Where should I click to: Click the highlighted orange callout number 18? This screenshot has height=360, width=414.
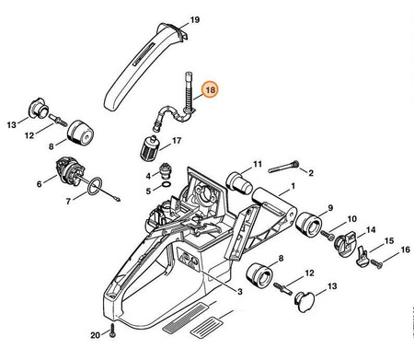[211, 90]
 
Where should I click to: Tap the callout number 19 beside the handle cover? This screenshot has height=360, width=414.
[195, 20]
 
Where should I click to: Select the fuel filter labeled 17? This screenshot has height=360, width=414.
[148, 147]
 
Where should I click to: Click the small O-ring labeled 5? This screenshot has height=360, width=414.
[166, 185]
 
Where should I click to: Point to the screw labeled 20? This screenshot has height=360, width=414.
[111, 330]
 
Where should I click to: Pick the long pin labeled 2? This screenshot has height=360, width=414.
[283, 166]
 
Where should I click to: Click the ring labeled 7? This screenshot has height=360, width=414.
[94, 186]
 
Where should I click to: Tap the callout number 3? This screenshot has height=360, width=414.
[239, 291]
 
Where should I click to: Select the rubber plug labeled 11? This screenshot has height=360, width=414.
[239, 183]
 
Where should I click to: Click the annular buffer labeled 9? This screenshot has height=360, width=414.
[309, 225]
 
